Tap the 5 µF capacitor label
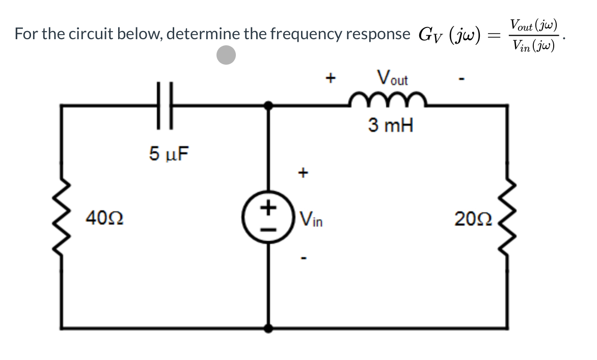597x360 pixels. [169, 153]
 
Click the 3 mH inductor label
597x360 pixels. [390, 125]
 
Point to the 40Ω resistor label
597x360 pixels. [103, 220]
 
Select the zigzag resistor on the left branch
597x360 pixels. [62, 217]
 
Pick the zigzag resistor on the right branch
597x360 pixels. [507, 217]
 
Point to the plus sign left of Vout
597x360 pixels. [331, 78]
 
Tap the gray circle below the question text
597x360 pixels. [226, 55]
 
